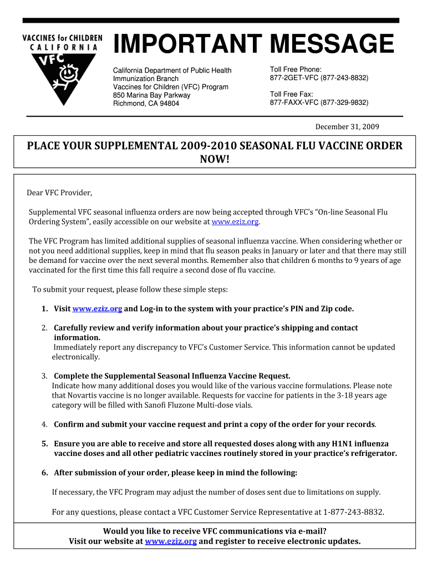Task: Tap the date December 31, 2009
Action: [347, 127]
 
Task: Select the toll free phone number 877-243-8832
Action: [341, 78]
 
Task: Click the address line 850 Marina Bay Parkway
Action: [151, 95]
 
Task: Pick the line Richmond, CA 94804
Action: [146, 103]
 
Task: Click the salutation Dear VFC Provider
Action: [60, 193]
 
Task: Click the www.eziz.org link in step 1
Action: [97, 308]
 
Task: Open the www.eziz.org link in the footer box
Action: [171, 541]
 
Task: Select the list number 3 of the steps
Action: [44, 376]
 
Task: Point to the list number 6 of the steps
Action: [44, 473]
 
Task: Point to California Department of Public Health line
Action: [172, 70]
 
